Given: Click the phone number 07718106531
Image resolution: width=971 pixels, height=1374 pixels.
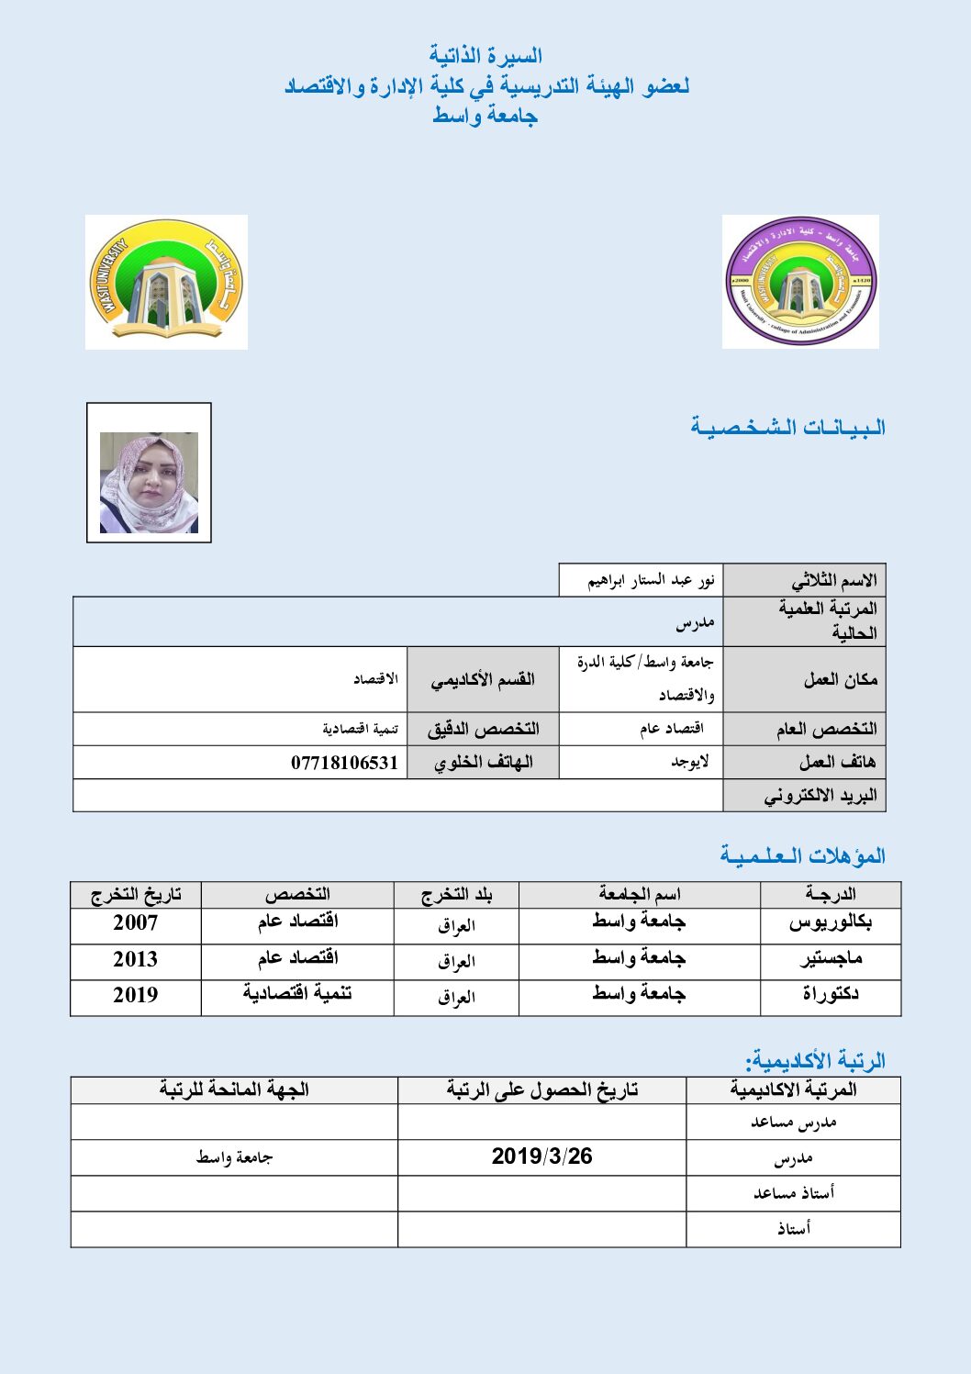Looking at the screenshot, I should pyautogui.click(x=344, y=763).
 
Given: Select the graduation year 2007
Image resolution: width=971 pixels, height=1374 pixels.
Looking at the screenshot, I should pyautogui.click(x=135, y=923).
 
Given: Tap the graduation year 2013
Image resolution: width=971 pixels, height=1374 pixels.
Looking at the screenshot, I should pyautogui.click(x=135, y=960).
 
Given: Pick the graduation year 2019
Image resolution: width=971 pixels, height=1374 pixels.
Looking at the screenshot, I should pyautogui.click(x=135, y=995).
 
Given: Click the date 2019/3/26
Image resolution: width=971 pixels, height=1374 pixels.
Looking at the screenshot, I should pyautogui.click(x=541, y=1156).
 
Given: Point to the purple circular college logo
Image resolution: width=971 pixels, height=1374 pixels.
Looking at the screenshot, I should pyautogui.click(x=800, y=282).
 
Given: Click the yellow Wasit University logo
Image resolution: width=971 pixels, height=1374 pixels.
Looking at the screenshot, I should pyautogui.click(x=166, y=282).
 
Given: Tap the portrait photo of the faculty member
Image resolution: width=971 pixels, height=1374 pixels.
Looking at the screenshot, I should pyautogui.click(x=149, y=482).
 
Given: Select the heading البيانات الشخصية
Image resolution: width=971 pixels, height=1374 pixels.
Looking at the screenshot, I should pyautogui.click(x=788, y=428).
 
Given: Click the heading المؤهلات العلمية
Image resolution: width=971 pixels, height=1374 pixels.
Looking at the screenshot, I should pyautogui.click(x=803, y=856).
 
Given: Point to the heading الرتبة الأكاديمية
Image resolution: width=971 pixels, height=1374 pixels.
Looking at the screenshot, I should pyautogui.click(x=816, y=1061).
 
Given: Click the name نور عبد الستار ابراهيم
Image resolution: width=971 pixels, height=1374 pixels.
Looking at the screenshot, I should pyautogui.click(x=651, y=581).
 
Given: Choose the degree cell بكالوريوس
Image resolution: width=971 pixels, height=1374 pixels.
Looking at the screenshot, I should pyautogui.click(x=830, y=923).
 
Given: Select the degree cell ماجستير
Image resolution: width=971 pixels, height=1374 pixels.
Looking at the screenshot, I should pyautogui.click(x=830, y=960).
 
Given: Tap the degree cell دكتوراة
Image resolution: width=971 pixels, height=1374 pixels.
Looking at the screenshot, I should pyautogui.click(x=830, y=995).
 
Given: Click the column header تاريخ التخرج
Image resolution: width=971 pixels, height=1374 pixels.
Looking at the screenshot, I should pyautogui.click(x=136, y=895).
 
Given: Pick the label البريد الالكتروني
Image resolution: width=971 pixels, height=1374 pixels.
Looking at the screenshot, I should pyautogui.click(x=820, y=796).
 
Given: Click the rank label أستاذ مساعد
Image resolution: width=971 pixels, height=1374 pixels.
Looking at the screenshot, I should pyautogui.click(x=793, y=1193).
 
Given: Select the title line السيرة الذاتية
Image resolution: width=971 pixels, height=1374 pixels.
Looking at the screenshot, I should pyautogui.click(x=485, y=57).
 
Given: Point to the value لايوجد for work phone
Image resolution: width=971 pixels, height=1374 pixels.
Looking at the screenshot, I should pyautogui.click(x=689, y=763).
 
